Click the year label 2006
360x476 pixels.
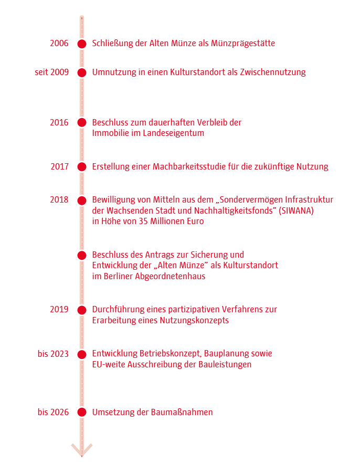pos(59,44)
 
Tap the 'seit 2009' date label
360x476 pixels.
pos(51,72)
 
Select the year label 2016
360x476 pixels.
pos(59,122)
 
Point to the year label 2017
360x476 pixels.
pos(59,167)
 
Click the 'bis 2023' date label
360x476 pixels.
pos(52,354)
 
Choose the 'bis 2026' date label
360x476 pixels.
pos(52,412)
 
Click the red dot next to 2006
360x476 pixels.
pos(81,44)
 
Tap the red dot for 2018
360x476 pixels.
pos(81,200)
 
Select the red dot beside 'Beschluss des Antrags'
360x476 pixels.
pos(81,256)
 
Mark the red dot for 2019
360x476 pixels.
pos(81,310)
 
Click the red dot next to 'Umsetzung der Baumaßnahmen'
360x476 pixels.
pos(81,412)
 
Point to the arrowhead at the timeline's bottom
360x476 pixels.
pos(82,450)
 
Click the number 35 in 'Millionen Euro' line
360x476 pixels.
pos(145,221)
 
